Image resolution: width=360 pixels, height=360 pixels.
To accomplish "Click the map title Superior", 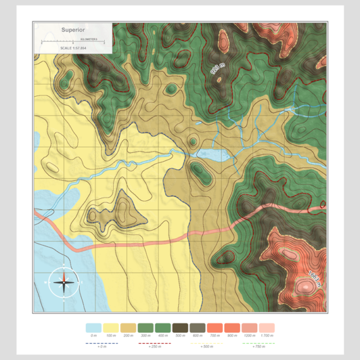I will point(73,30).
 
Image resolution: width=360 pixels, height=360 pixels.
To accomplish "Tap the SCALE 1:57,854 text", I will point(73,48).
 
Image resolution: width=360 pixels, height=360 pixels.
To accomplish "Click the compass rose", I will point(64,282).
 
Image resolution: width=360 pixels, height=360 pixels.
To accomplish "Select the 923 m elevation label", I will point(217,69).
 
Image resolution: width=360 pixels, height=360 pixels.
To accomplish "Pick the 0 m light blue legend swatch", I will point(93,328).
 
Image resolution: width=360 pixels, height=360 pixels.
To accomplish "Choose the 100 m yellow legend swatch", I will point(111,328).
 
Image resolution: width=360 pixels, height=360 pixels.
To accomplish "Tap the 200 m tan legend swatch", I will point(128,328).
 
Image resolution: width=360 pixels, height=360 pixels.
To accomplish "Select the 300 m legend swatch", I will point(146,328).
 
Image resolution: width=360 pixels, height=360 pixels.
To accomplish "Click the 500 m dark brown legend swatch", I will point(180,328).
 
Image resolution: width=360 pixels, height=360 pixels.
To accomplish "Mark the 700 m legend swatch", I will point(215,328).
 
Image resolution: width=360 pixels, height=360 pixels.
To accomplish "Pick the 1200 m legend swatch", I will point(249,328).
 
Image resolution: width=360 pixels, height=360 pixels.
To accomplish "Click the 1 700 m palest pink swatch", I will point(267,328).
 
